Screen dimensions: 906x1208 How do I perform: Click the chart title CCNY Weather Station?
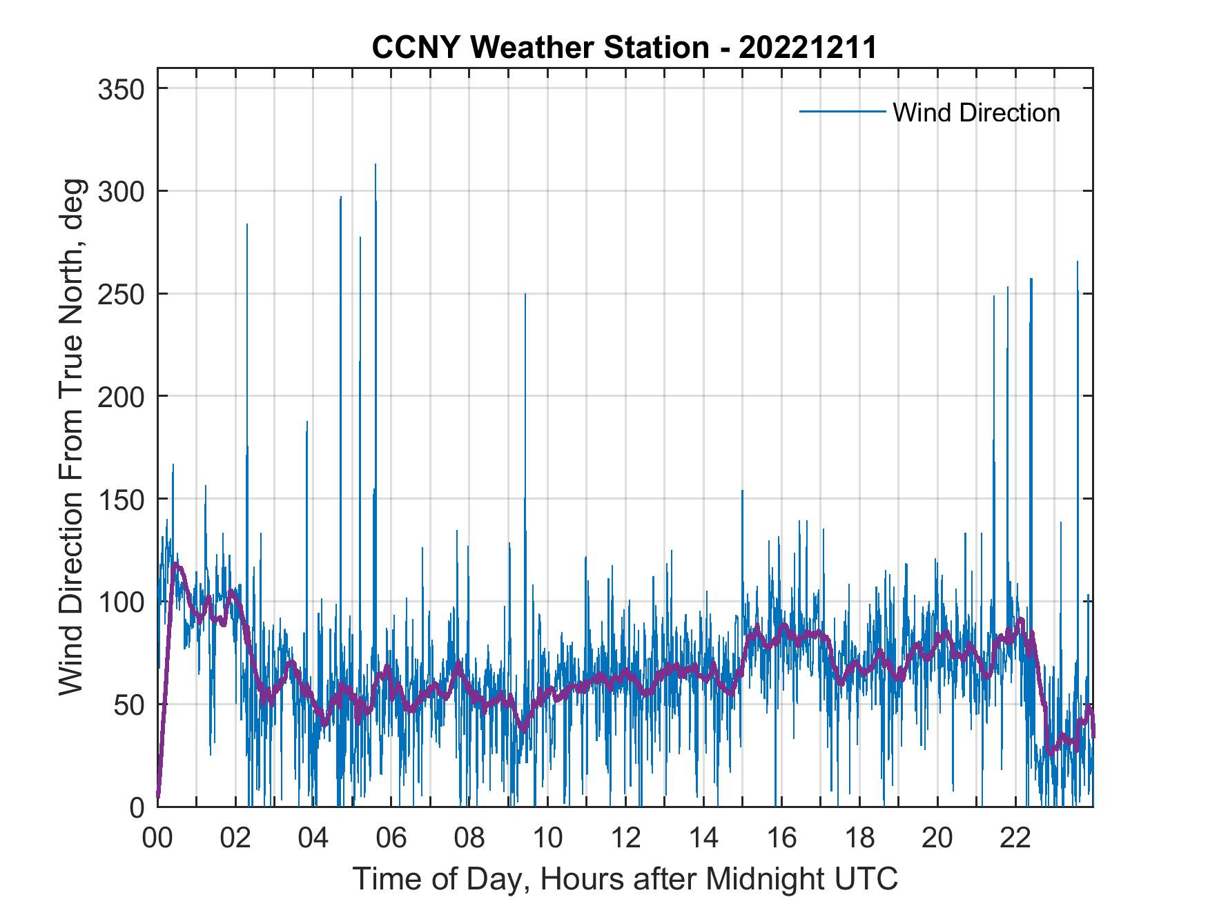point(624,48)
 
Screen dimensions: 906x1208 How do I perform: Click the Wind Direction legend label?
point(976,112)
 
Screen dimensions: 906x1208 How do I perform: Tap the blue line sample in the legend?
point(841,112)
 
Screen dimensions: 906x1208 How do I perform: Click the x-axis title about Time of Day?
point(625,878)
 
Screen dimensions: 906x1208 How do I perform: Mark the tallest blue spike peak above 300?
point(375,164)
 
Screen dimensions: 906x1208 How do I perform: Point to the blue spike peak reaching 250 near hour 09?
point(525,295)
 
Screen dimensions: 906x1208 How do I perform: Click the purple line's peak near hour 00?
point(175,564)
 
